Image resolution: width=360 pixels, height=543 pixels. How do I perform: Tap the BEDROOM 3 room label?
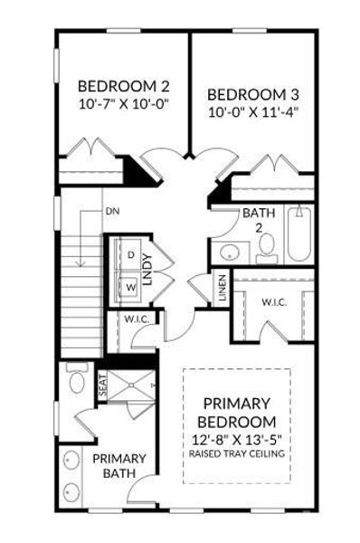click(253, 94)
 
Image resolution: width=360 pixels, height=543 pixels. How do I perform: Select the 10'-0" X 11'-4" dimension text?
click(253, 112)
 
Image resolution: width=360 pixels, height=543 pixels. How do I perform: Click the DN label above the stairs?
click(112, 211)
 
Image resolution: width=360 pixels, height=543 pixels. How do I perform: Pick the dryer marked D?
click(130, 257)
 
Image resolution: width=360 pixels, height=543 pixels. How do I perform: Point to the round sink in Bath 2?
click(230, 252)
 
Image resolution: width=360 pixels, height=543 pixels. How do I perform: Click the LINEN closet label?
click(223, 291)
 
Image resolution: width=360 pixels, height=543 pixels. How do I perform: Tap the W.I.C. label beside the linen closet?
click(274, 301)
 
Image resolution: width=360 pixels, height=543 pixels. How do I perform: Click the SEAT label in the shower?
click(102, 385)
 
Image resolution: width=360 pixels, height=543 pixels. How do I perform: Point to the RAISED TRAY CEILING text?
click(238, 452)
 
